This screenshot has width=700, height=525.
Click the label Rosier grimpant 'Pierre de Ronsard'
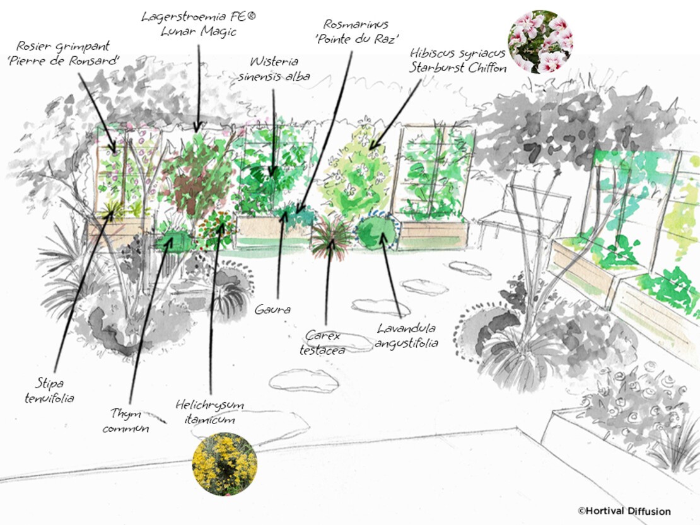pos(63,53)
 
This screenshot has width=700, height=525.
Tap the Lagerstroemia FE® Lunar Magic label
pos(199,24)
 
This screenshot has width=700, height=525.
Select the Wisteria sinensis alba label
pos(274,69)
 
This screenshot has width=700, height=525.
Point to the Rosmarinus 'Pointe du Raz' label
pos(356,32)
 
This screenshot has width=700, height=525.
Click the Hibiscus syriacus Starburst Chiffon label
pos(458,61)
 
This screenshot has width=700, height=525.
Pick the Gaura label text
pos(272,309)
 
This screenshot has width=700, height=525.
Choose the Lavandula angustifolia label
pos(406,335)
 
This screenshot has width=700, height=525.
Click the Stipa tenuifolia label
pos(49,390)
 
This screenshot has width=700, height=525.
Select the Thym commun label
pos(125,420)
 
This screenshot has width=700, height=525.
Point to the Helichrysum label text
pos(210,412)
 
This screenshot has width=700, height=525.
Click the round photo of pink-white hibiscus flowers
pos(540,42)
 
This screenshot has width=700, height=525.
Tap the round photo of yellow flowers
pos(225,464)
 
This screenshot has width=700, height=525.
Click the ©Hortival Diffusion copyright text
pos(624,511)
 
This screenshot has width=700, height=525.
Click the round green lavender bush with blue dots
pos(378,231)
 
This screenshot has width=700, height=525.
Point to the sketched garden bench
pos(522,214)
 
